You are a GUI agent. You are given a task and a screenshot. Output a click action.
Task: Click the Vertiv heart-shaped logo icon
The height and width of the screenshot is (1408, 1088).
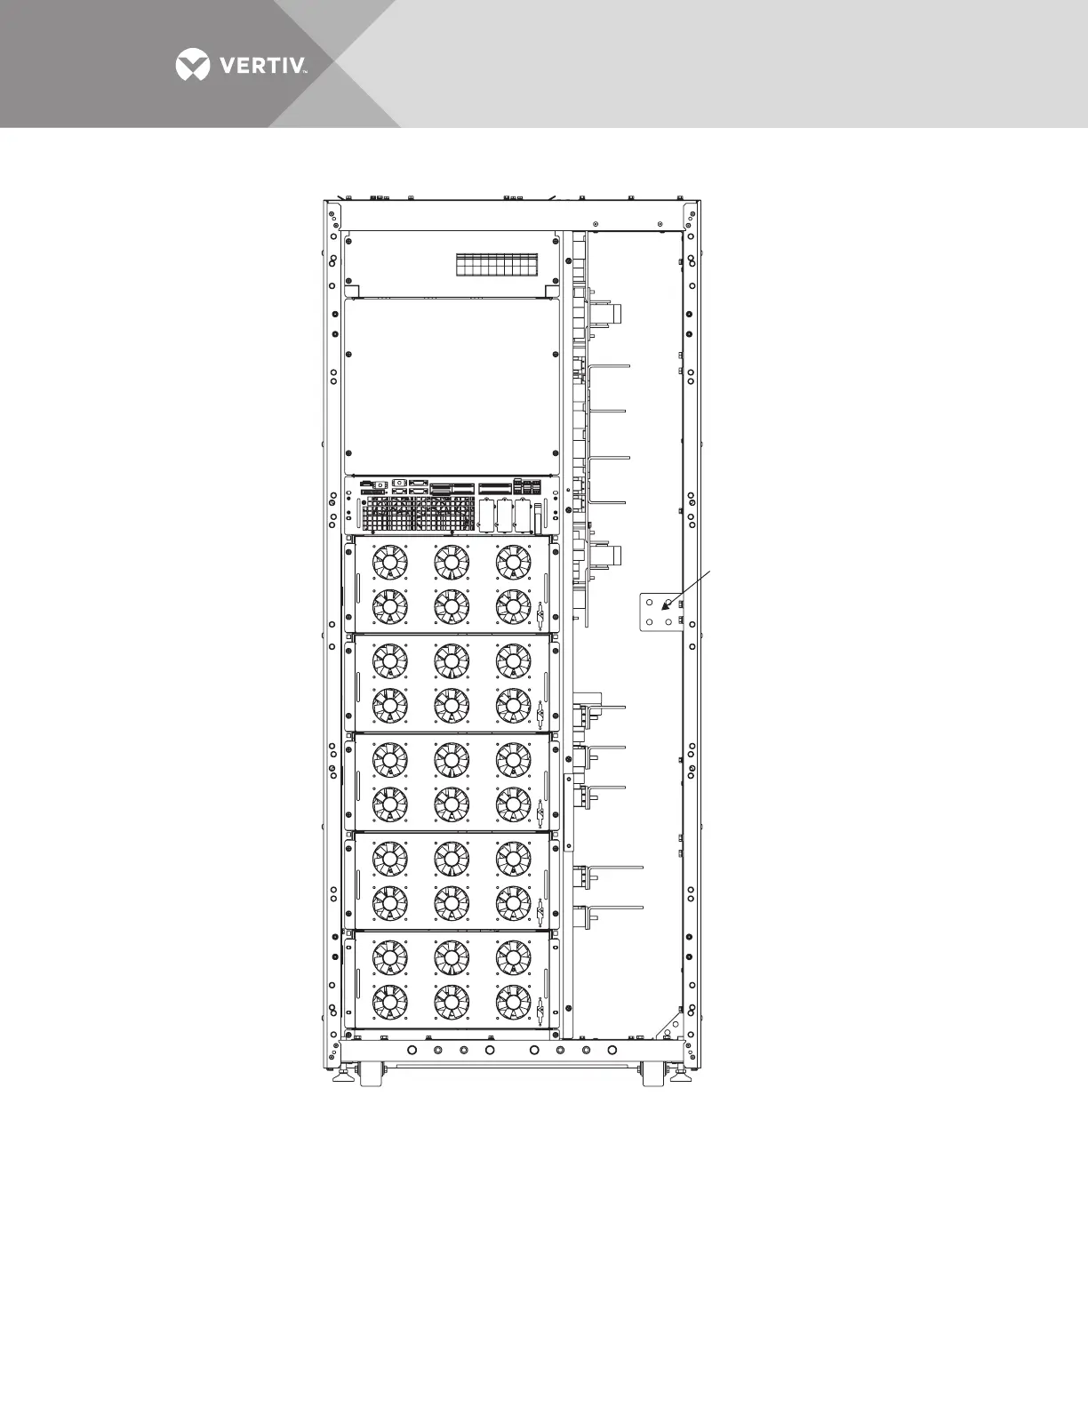point(193,65)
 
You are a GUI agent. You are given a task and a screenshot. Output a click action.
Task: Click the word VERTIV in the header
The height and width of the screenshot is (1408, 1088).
point(259,65)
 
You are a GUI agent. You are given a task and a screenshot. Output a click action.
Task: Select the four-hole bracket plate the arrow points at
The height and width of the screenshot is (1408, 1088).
point(660,612)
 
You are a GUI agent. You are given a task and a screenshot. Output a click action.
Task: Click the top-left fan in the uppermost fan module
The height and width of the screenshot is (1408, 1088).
point(389,562)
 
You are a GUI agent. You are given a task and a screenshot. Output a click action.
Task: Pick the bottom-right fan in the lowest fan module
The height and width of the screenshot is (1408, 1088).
point(514,1002)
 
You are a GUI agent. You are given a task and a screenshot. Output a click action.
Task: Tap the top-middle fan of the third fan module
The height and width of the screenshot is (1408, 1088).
point(452,759)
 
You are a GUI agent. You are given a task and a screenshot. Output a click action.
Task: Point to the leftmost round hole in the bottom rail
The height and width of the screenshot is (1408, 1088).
point(412,1051)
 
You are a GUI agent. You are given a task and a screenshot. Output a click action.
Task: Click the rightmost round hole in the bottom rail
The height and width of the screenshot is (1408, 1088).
point(612,1051)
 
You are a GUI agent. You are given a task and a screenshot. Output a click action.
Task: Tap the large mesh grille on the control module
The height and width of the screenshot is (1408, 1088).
point(418,514)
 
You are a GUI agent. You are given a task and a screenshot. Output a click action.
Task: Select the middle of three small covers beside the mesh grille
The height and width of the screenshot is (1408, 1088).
point(505,515)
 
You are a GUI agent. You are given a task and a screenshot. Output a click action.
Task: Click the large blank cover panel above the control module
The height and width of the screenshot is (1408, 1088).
point(452,387)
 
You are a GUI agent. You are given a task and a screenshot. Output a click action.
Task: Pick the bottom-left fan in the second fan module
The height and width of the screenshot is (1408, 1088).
point(389,706)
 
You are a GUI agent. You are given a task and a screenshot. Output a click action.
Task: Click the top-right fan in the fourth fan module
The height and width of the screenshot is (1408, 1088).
point(514,858)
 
